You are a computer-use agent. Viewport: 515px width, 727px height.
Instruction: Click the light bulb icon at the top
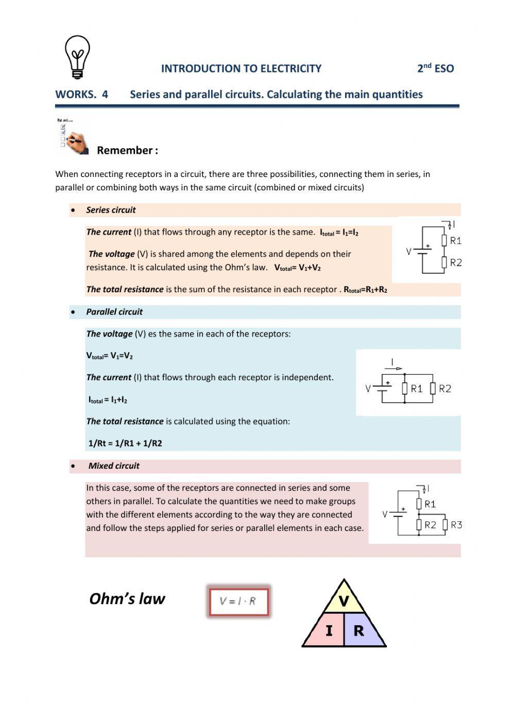tap(77, 57)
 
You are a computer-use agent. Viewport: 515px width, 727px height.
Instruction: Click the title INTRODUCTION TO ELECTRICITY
tap(241, 68)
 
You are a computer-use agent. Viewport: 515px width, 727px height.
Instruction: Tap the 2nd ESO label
tap(435, 68)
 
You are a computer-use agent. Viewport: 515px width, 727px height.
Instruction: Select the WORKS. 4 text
tap(82, 94)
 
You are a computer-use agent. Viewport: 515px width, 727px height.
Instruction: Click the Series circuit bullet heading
tap(111, 210)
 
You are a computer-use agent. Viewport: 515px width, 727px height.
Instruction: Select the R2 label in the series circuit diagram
tap(456, 262)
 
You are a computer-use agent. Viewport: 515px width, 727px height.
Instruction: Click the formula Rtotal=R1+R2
tap(366, 290)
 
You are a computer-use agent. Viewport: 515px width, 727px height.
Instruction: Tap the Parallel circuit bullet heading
tap(114, 312)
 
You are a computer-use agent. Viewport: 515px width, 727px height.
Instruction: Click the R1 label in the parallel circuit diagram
tap(417, 389)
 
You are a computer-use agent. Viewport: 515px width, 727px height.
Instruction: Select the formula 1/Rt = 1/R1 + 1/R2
tap(125, 443)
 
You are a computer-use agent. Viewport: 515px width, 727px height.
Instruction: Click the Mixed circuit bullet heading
tap(114, 466)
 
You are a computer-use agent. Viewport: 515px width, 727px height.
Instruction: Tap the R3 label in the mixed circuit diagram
tap(456, 525)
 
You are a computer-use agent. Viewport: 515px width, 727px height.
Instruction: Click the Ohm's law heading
tap(127, 599)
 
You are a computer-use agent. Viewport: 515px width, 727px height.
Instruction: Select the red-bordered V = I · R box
tap(239, 601)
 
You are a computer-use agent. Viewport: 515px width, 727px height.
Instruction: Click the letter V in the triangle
tap(344, 600)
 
